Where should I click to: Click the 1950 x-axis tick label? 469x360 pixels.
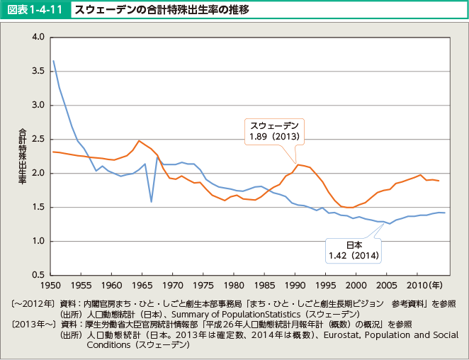pos(50,286)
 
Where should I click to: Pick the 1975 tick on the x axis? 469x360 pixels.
pos(203,286)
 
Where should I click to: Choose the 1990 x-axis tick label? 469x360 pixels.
pos(295,286)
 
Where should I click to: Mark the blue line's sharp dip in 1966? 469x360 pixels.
pos(152,201)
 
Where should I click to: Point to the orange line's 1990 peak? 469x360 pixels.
pos(298,164)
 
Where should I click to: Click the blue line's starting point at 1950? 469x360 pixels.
pos(53,61)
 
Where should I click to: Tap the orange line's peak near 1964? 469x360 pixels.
pos(139,140)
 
